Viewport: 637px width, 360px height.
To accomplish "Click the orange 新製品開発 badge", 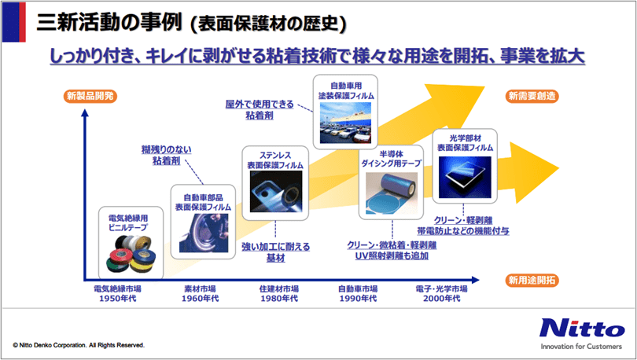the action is point(90,96).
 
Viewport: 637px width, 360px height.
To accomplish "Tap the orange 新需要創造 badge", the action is point(532,96).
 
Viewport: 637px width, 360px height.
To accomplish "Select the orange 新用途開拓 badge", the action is point(532,280).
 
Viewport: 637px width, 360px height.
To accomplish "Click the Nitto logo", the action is point(582,328).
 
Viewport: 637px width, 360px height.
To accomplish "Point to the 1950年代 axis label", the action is point(118,299).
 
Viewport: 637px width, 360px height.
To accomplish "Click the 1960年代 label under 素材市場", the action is point(201,299).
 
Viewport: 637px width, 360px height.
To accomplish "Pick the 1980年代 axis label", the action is point(279,299).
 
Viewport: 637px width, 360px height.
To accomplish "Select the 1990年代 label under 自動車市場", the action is point(358,299).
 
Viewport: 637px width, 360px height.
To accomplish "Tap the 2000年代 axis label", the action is point(442,299).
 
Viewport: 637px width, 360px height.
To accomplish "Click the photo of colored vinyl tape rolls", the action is point(131,254).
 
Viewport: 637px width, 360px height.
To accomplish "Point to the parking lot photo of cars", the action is point(345,123).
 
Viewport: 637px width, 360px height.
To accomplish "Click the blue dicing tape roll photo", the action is point(391,193).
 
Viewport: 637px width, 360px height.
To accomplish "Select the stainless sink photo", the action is point(276,191).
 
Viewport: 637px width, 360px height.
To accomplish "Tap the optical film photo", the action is point(465,178).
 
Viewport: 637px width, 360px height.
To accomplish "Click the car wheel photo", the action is point(204,233).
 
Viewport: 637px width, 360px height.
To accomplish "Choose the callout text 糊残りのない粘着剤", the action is point(167,155).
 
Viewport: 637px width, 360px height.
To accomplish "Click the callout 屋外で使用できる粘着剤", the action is point(260,109).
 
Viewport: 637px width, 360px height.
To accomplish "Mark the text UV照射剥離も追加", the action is point(392,256).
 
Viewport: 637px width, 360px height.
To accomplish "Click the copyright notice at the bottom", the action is point(79,345).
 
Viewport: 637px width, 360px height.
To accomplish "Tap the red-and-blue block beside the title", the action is point(14,22).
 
